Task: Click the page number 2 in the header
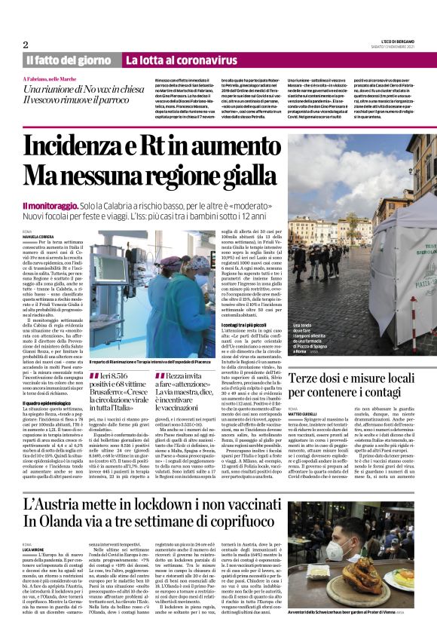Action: (x=26, y=44)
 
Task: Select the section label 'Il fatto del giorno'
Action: (x=69, y=60)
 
